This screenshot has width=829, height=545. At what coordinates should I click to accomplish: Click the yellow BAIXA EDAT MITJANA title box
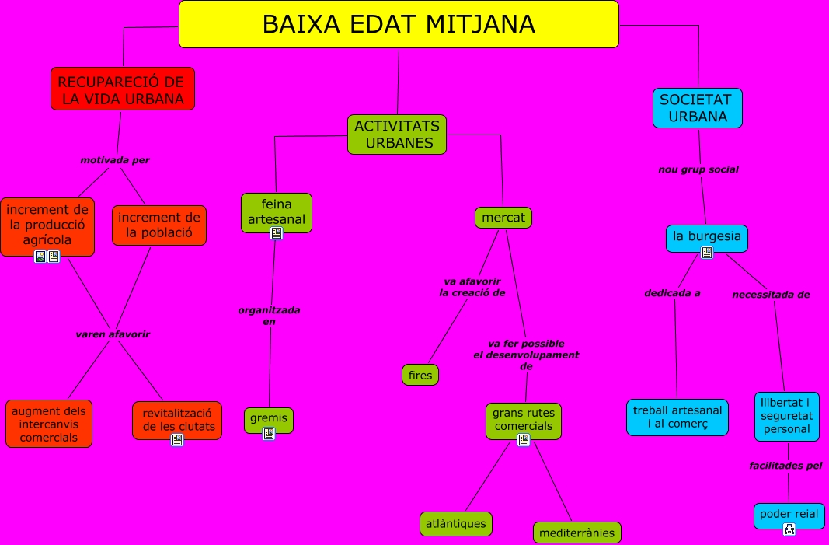(399, 24)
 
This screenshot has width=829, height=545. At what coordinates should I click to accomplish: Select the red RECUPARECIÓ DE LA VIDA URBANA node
(122, 89)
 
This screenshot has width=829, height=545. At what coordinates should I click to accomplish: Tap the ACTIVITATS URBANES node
(397, 134)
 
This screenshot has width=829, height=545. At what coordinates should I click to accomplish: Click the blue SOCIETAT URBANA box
(697, 107)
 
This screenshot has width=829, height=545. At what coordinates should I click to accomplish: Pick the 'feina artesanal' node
(277, 212)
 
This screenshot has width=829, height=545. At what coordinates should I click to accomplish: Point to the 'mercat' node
(503, 218)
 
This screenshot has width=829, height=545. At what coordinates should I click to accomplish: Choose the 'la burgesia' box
(706, 237)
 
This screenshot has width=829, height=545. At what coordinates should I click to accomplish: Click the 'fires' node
(420, 375)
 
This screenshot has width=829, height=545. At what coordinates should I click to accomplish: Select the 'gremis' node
(269, 418)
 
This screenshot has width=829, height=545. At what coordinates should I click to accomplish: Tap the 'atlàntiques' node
(456, 523)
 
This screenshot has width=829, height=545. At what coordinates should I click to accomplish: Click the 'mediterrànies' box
(576, 533)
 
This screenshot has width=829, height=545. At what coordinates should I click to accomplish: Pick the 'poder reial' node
(789, 515)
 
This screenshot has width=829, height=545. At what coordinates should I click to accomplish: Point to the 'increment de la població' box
(159, 225)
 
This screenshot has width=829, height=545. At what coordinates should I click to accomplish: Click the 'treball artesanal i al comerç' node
(677, 417)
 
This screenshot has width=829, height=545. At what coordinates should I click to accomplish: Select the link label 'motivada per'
(115, 160)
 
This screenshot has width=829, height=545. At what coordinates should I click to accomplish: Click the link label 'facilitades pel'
(788, 466)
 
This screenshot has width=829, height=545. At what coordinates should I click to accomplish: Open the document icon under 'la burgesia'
(707, 253)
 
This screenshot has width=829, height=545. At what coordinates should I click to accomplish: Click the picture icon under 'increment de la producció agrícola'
(40, 257)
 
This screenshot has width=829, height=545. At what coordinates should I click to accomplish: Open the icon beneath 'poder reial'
(789, 529)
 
